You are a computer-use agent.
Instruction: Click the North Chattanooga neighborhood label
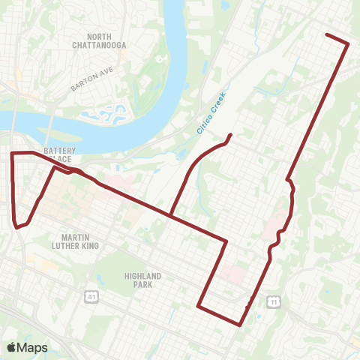tap(108, 40)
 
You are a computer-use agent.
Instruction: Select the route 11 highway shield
tap(275, 301)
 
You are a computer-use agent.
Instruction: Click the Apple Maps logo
tap(28, 347)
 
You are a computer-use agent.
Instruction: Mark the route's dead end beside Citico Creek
tap(229, 135)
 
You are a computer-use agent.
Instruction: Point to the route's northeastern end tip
tap(326, 34)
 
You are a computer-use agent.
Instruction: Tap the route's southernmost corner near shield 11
tap(239, 325)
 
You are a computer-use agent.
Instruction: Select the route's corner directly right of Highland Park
tap(198, 305)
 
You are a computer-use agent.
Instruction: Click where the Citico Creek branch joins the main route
tap(171, 217)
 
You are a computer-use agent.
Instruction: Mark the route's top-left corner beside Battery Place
tap(12, 153)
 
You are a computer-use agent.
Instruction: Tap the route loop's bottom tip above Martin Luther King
tap(16, 226)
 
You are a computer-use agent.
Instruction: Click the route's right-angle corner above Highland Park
tap(226, 241)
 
